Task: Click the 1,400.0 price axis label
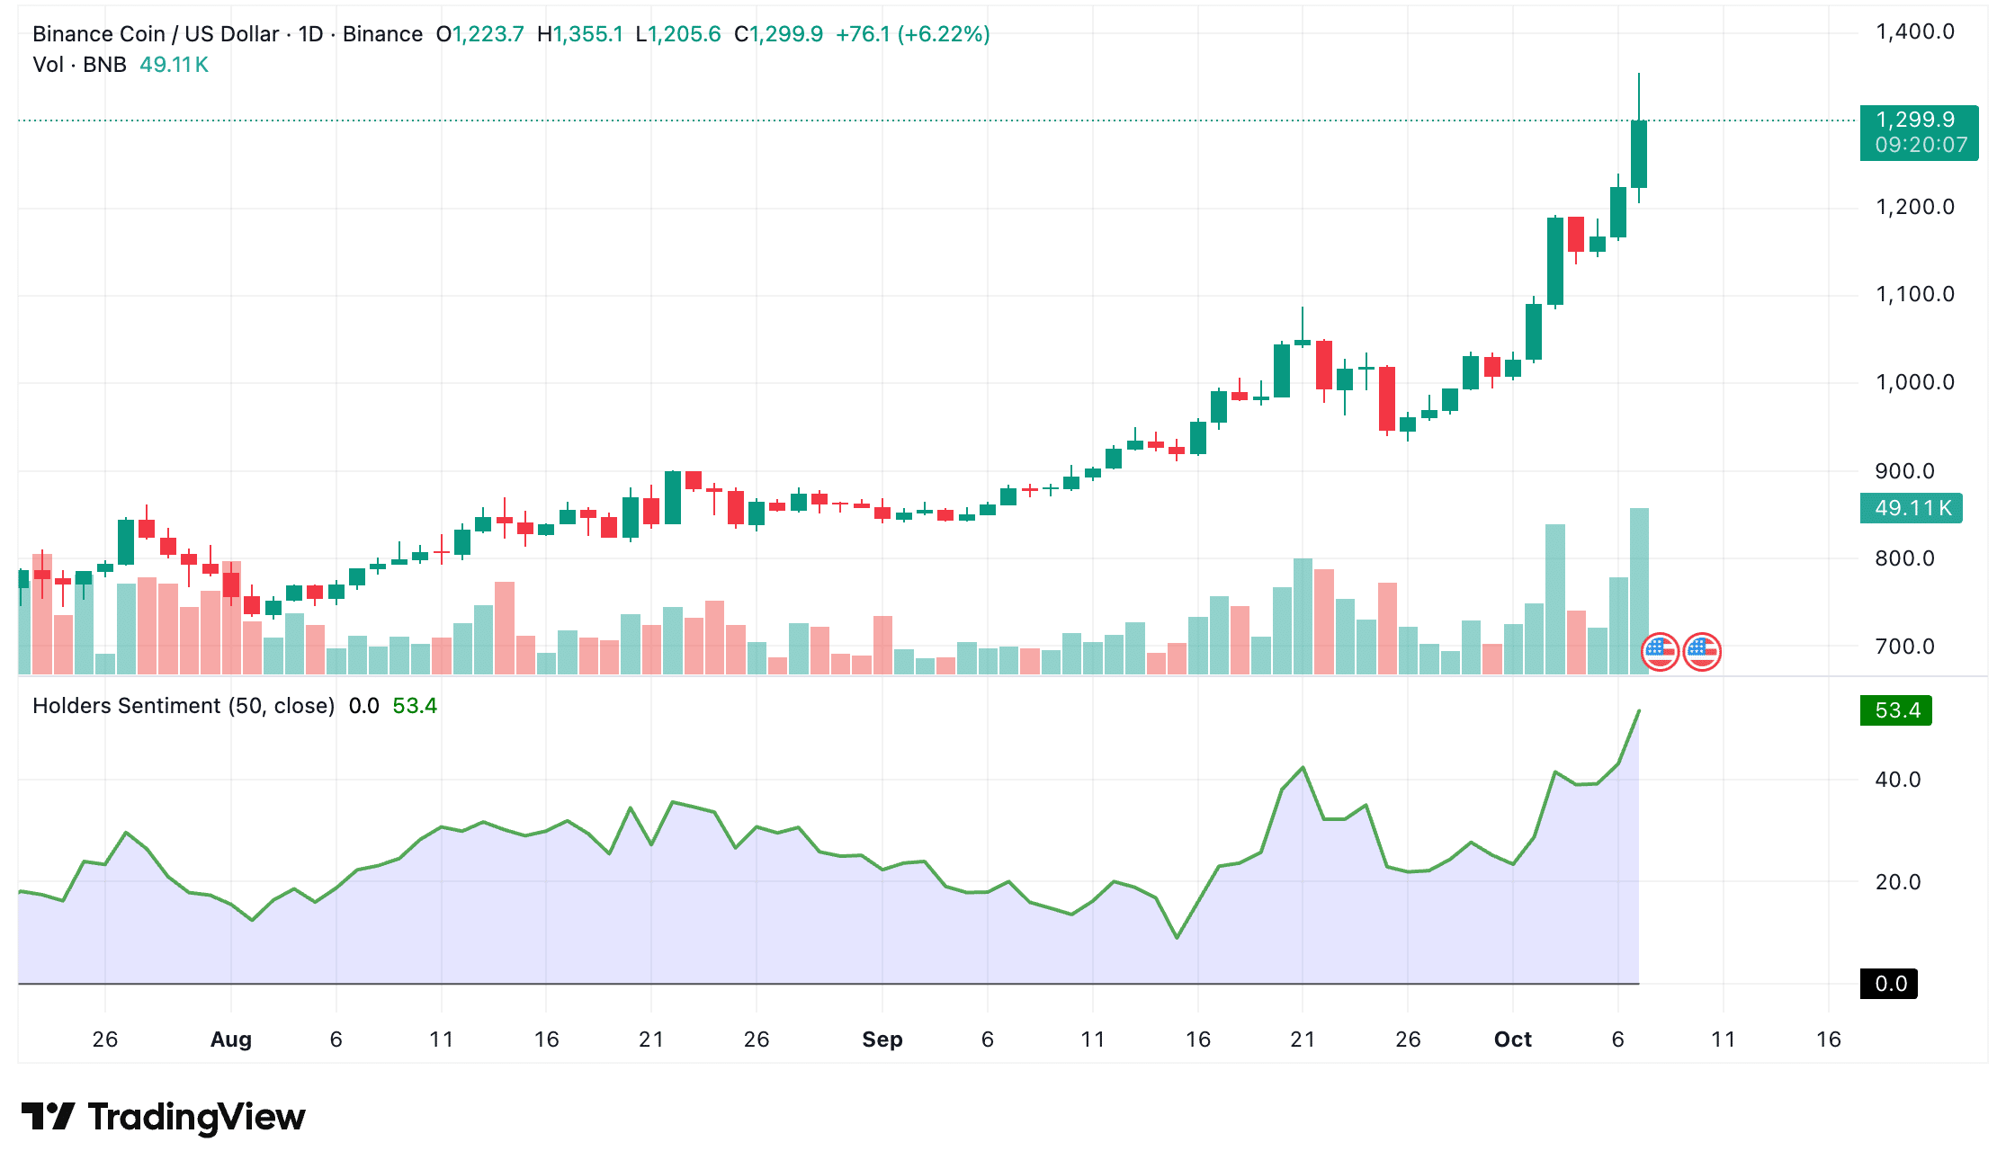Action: point(1914,32)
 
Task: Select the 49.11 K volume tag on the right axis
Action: point(1911,508)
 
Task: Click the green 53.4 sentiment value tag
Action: point(1896,710)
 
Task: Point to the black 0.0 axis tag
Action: point(1889,984)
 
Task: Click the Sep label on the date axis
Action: point(882,1040)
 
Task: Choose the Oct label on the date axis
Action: point(1512,1040)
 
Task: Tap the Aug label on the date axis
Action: point(230,1040)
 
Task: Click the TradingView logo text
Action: point(196,1117)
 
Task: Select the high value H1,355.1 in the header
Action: point(579,34)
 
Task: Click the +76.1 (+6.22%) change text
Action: point(912,34)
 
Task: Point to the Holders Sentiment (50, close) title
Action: point(184,706)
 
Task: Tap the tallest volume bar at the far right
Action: point(1639,592)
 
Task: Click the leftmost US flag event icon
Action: point(1660,652)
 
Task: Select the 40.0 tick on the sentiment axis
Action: point(1897,780)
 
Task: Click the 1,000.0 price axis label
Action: point(1914,382)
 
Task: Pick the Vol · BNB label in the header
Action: point(79,65)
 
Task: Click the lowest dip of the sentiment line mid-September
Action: point(1177,938)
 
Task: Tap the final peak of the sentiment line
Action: point(1639,711)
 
